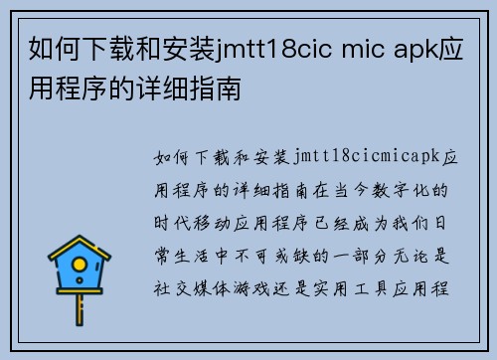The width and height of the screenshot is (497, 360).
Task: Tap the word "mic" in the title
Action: pos(353,49)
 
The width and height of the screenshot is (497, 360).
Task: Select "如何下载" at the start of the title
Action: pos(70,49)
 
